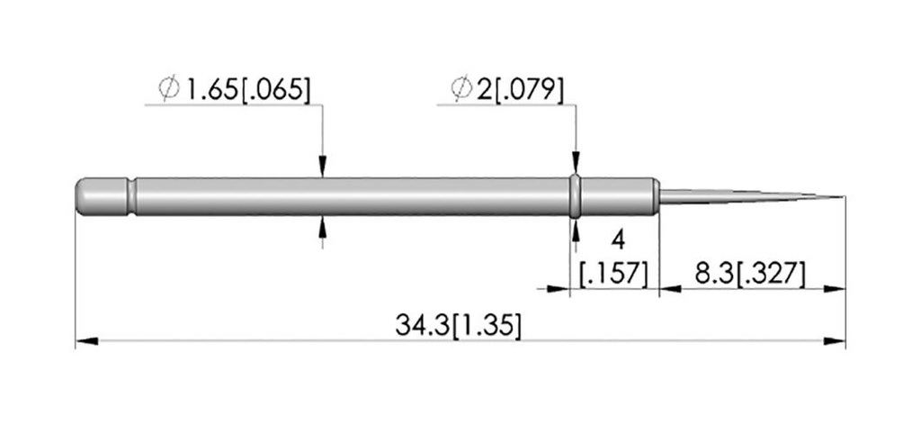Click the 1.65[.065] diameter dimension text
[246, 90]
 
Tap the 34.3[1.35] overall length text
[458, 325]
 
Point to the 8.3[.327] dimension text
[749, 274]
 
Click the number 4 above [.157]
[618, 240]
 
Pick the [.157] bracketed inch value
[613, 275]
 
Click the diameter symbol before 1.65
[169, 89]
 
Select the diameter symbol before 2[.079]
[461, 89]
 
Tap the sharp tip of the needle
[845, 196]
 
